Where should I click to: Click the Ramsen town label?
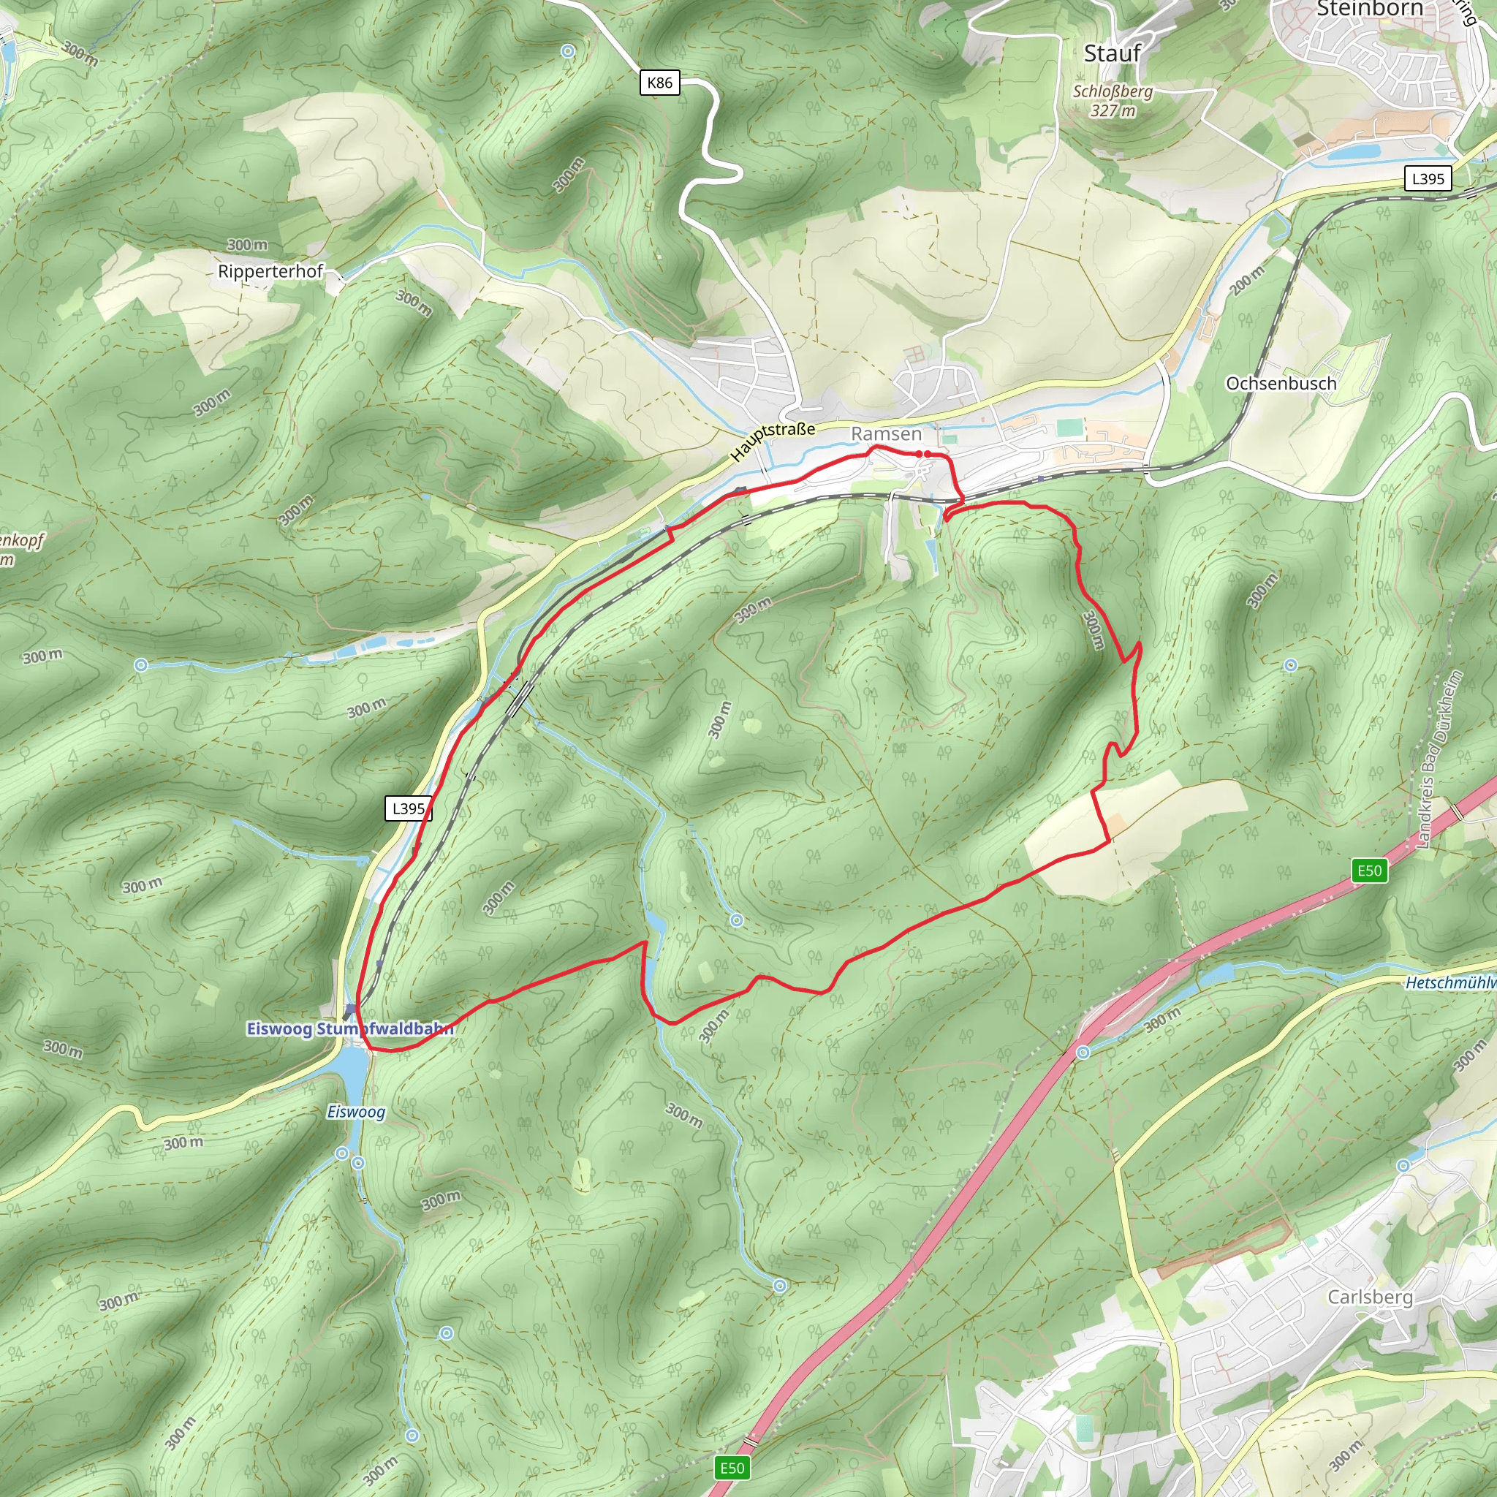(x=887, y=434)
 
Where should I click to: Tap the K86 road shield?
(x=659, y=83)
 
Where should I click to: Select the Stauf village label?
(x=1112, y=53)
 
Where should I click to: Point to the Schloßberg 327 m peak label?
(x=1113, y=101)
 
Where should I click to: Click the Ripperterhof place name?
(x=270, y=271)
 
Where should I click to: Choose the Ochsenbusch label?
(x=1281, y=384)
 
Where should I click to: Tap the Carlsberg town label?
(x=1370, y=1296)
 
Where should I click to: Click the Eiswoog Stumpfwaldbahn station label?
(x=349, y=1029)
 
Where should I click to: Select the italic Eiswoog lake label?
(x=356, y=1112)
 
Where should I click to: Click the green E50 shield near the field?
(x=1369, y=870)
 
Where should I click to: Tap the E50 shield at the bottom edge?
(x=732, y=1468)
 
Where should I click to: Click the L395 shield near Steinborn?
(x=1428, y=179)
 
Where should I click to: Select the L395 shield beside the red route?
(x=409, y=809)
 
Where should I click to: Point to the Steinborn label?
(x=1369, y=10)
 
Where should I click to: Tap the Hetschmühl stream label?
(x=1449, y=982)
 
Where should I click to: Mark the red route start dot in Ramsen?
(x=920, y=453)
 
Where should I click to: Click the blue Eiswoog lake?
(x=352, y=1069)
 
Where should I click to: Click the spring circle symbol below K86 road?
(x=568, y=51)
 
